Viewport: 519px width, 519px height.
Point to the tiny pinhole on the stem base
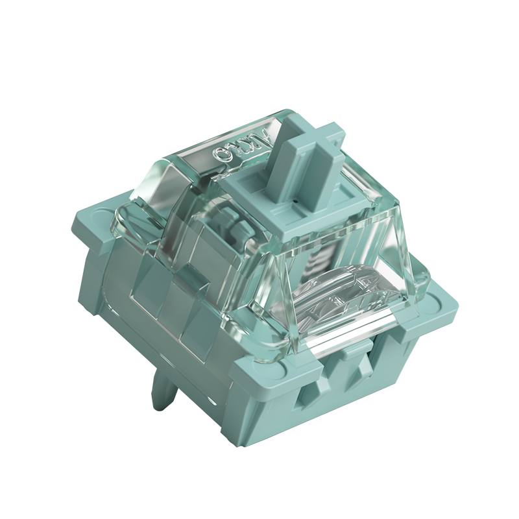tap(295, 202)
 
